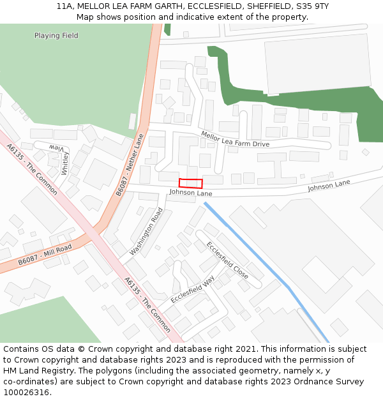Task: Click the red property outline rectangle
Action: coord(190,183)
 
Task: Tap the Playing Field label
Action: coord(56,36)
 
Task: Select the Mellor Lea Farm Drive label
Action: coord(235,139)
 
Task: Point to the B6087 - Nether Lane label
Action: coord(131,164)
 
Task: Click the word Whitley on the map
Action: coord(65,163)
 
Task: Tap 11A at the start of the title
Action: coord(64,6)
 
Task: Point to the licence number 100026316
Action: coord(26,393)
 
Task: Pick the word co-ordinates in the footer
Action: coord(29,382)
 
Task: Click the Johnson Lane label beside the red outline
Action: coord(190,193)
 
